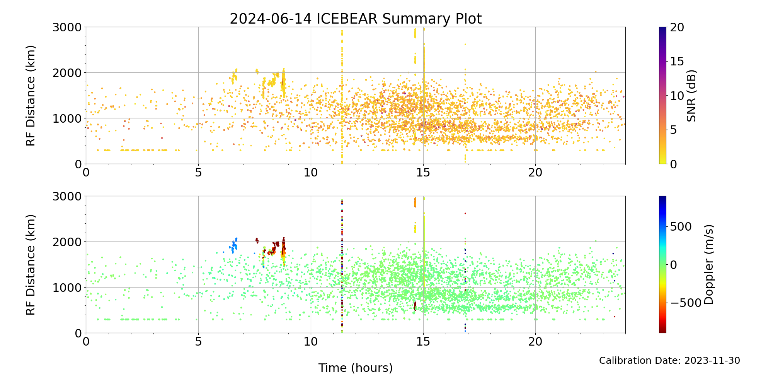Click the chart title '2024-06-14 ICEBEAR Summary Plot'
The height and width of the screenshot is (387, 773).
click(356, 19)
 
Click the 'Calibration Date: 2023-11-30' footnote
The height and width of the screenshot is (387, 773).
click(669, 361)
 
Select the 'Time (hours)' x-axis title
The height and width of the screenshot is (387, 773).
click(356, 368)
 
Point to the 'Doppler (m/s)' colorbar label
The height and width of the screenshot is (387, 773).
click(708, 264)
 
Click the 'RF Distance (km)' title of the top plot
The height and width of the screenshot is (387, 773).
click(31, 96)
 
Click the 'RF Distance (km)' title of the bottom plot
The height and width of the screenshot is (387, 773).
click(31, 264)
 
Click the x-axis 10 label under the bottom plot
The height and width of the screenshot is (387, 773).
click(310, 342)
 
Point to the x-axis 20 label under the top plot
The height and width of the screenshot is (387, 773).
click(535, 173)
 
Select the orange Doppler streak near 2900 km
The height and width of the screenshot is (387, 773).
click(415, 202)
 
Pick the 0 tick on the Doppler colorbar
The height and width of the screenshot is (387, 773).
click(674, 265)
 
